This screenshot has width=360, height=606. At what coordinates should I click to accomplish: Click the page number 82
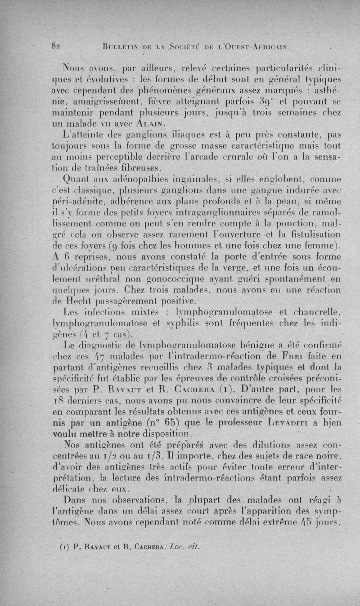click(x=57, y=45)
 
